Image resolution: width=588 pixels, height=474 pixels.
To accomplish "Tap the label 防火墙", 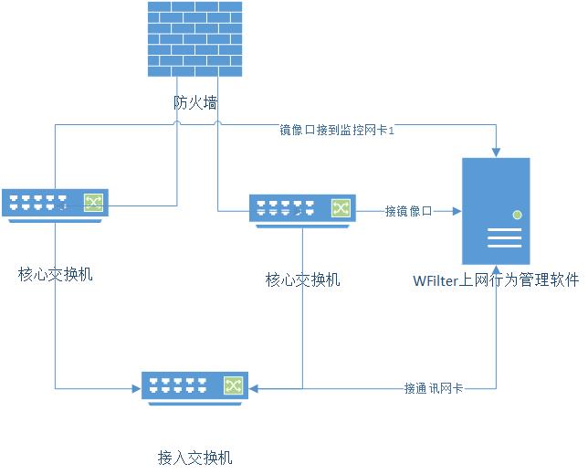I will (195, 102).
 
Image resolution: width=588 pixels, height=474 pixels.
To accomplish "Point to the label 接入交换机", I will (194, 457).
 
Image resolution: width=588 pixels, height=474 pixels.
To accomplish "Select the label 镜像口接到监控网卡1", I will (336, 131).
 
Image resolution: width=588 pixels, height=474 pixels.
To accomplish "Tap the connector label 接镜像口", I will (408, 211).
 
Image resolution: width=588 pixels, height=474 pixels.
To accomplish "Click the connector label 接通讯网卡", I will (433, 388).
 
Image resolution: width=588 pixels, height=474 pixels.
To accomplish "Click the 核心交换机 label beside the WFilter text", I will (302, 279).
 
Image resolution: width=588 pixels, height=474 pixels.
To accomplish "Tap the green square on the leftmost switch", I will (93, 203).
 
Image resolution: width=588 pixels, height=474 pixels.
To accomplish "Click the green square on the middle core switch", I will (341, 209).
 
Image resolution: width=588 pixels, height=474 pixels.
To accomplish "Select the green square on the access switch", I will (233, 386).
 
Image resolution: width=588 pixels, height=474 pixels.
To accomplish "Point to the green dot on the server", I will (517, 215).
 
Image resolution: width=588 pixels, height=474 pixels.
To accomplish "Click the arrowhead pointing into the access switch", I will (253, 388).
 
